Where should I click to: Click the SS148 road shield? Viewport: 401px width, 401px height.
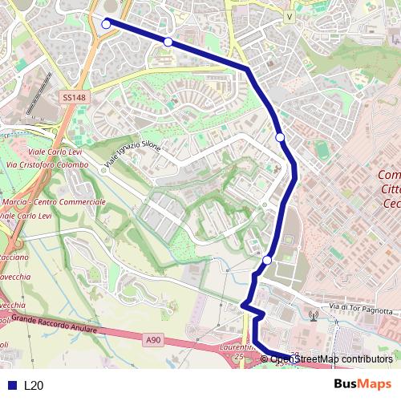[x=73, y=98]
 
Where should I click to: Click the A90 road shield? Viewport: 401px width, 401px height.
[x=153, y=341]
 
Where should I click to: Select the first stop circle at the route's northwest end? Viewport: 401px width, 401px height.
[x=106, y=24]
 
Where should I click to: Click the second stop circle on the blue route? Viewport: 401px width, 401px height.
[x=168, y=42]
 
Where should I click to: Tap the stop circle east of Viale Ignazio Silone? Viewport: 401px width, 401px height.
[x=280, y=137]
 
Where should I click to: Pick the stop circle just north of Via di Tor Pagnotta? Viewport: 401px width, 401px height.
[x=267, y=260]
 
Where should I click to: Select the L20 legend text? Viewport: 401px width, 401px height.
[x=34, y=385]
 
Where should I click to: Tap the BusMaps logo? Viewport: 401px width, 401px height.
[x=362, y=384]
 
